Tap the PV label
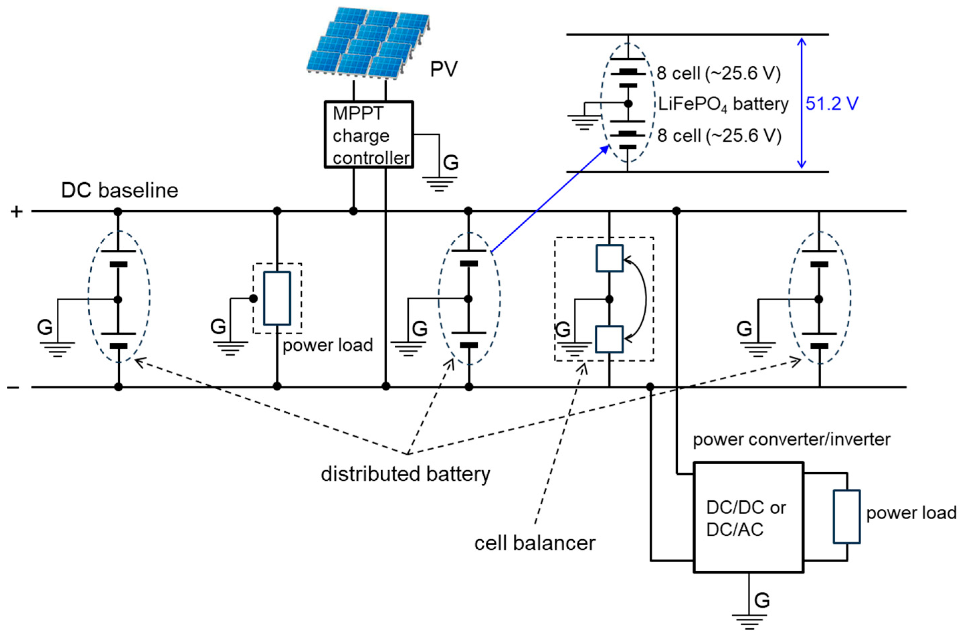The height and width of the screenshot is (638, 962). [443, 69]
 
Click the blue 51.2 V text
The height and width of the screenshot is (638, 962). [832, 104]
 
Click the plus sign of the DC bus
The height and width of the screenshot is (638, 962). [17, 212]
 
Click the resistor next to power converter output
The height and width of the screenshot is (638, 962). [847, 516]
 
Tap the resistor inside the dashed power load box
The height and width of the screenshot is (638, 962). [277, 298]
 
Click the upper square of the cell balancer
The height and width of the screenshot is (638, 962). [609, 258]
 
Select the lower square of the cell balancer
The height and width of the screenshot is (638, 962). [609, 339]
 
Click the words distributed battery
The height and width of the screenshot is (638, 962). [405, 474]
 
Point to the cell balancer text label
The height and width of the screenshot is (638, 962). [534, 543]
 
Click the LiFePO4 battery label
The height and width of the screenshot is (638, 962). [723, 104]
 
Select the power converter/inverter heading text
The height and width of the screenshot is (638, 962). [791, 440]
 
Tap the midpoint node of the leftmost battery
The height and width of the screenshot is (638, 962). [118, 300]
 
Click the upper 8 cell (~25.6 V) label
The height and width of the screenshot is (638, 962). [718, 74]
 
